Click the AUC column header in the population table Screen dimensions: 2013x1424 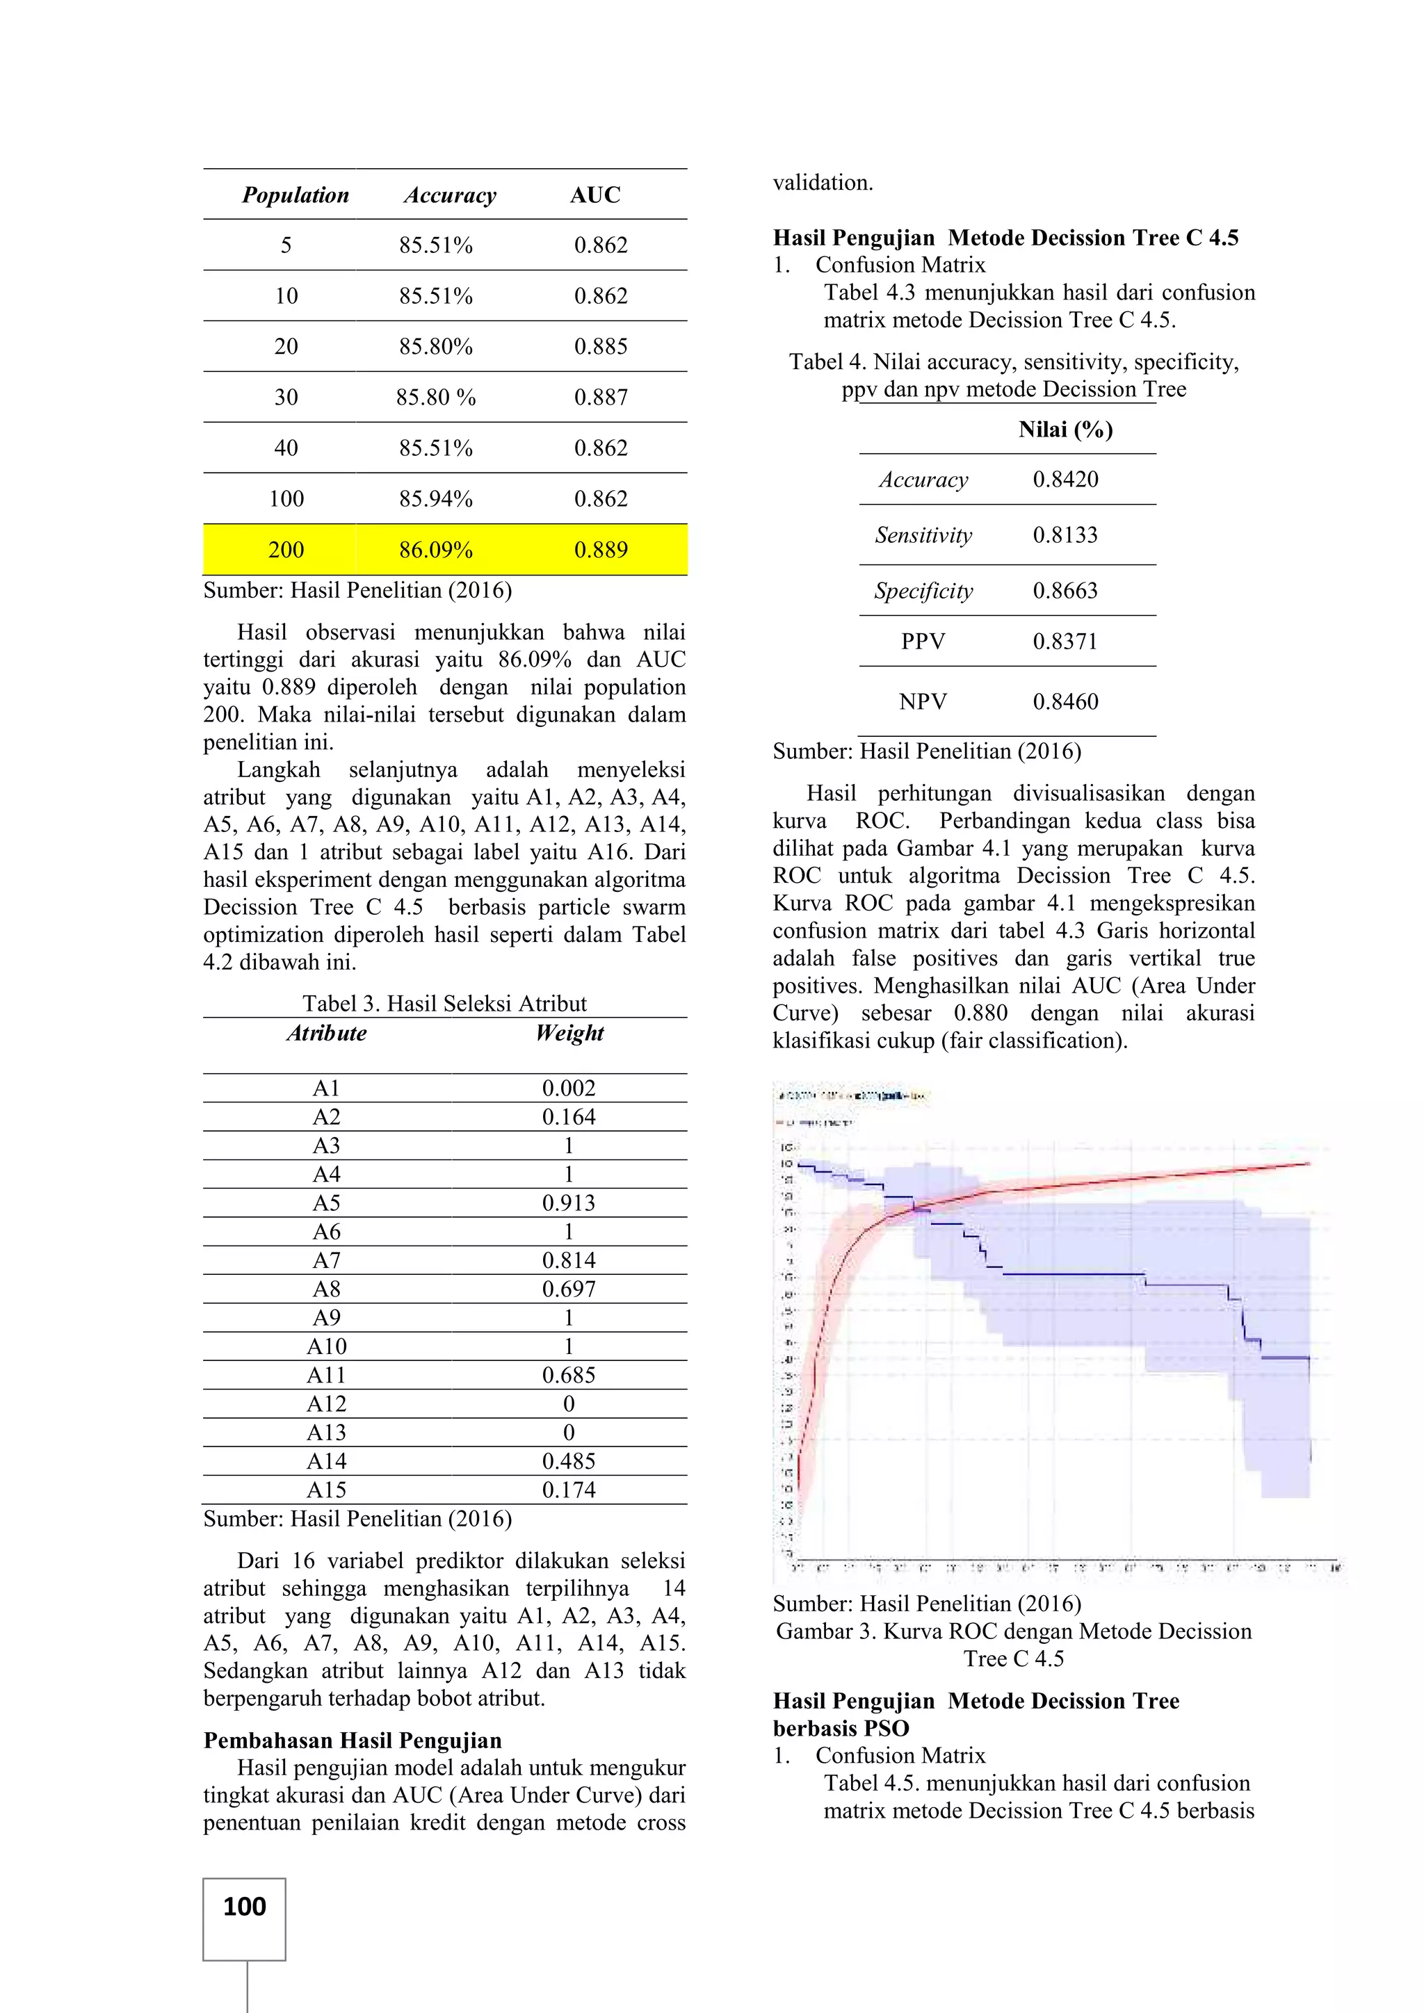coord(594,195)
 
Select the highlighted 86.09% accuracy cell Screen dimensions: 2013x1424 coord(436,550)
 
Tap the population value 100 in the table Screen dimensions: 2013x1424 coord(286,499)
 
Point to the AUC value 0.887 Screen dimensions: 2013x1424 coord(601,397)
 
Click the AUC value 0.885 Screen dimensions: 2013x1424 coord(601,346)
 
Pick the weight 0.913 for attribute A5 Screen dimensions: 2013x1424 coord(568,1203)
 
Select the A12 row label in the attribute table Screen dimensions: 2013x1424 coord(326,1403)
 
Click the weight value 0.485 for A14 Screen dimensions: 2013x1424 coord(568,1460)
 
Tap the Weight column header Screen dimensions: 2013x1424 coord(569,1033)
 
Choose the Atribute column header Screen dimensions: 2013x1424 coord(326,1033)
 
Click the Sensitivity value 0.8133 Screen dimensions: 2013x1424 coord(1065,535)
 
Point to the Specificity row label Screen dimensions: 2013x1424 coord(923,591)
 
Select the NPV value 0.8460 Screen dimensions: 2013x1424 coord(1065,701)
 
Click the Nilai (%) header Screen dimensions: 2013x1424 coord(1065,430)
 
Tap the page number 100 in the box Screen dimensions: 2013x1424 coord(245,1906)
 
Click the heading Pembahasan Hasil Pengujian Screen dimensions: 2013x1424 coord(353,1741)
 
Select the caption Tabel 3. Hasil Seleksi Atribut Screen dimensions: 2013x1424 coord(444,1003)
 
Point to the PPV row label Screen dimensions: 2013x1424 coord(923,642)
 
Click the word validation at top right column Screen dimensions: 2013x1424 coord(823,184)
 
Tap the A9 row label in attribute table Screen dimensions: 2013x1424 coord(326,1318)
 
